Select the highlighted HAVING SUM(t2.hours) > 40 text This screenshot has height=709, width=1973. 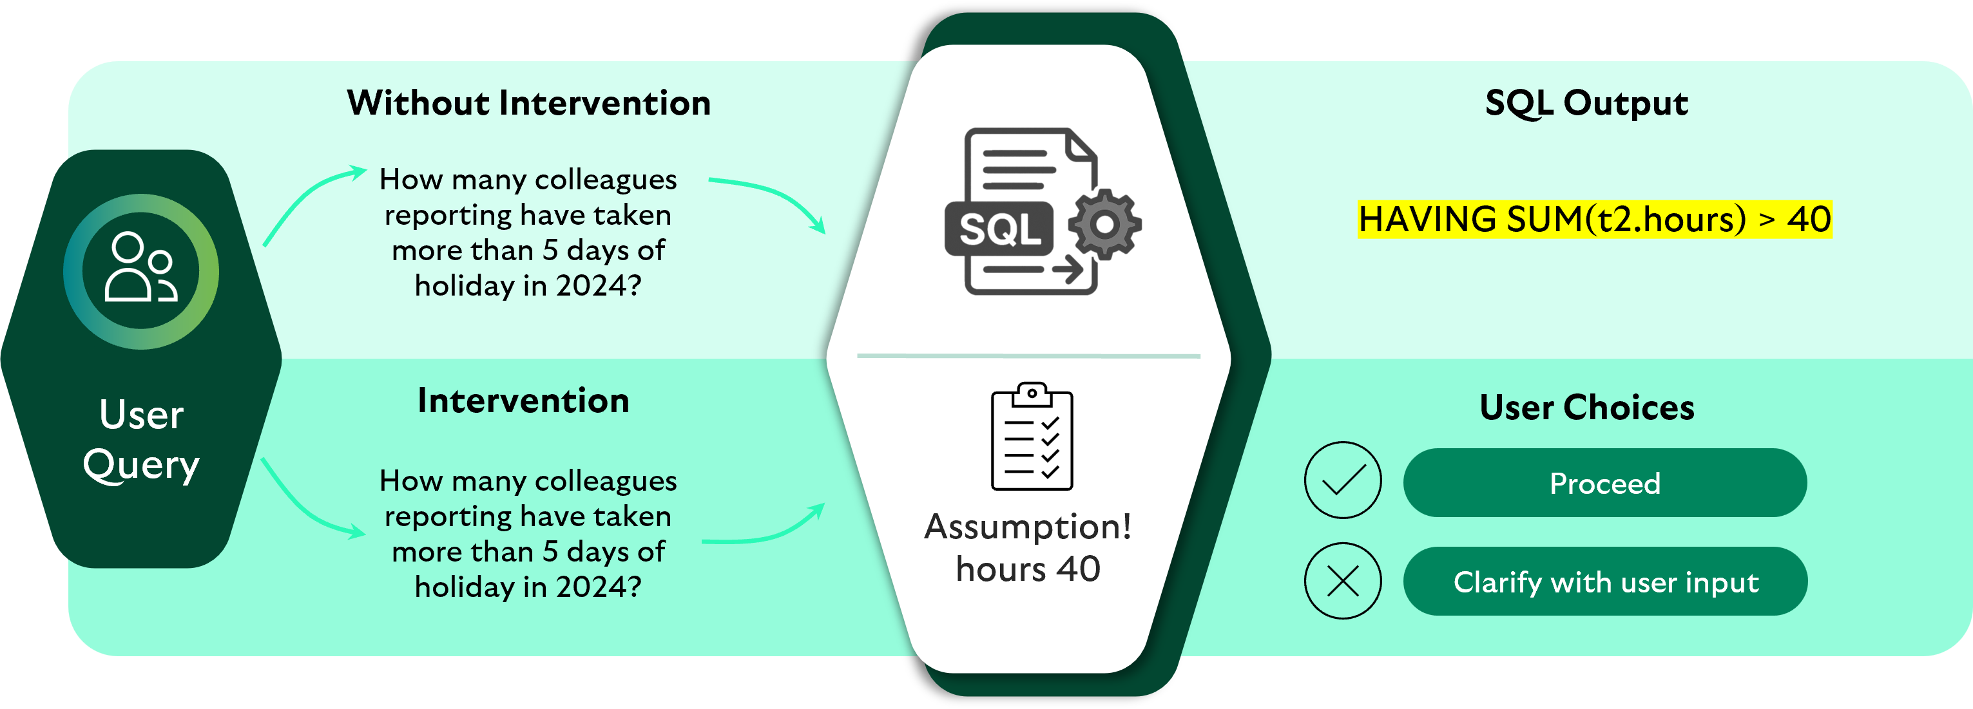tap(1595, 220)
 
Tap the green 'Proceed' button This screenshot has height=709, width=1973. tap(1604, 483)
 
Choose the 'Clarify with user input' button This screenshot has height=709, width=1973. tap(1605, 582)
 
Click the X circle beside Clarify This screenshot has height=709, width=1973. tap(1343, 581)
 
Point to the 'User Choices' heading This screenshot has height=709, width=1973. tap(1586, 408)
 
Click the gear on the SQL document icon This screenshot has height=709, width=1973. tap(1104, 223)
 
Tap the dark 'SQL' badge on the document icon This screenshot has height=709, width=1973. tap(999, 228)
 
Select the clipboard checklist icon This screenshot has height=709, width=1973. tap(1032, 437)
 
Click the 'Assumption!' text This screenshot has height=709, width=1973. tap(1028, 527)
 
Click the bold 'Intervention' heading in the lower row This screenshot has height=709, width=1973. tap(523, 401)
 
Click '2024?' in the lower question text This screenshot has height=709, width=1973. tap(598, 587)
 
